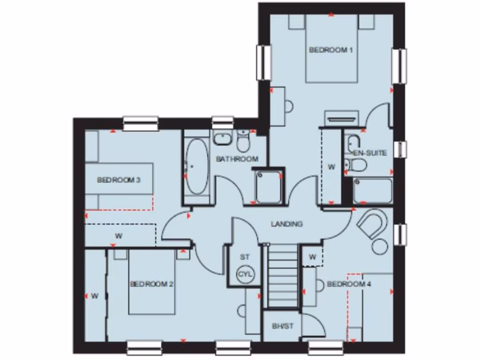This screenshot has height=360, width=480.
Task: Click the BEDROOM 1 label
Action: pos(331,50)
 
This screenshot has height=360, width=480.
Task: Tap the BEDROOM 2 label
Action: pos(152,284)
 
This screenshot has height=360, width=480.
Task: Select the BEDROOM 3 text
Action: pos(119,180)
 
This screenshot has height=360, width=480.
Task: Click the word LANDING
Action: pos(287,224)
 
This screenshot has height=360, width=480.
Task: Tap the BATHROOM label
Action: pos(237,159)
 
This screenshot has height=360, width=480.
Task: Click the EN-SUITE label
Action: pos(370,153)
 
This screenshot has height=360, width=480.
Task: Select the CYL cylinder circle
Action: pos(245,274)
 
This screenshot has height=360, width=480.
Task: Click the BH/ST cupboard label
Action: pos(283,326)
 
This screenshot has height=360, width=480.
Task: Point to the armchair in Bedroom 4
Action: pos(373,223)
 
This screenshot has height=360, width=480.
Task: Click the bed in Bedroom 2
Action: pos(152,286)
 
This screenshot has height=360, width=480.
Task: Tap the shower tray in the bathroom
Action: pos(269,187)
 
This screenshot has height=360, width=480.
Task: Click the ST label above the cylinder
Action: pos(245,257)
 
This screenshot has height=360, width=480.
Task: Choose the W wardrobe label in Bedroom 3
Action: pos(119,236)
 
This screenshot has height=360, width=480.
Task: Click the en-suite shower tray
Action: pos(373,191)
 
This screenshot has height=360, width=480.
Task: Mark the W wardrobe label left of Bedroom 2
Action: pos(95,295)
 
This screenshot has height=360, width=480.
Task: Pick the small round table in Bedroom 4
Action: pos(380,246)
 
